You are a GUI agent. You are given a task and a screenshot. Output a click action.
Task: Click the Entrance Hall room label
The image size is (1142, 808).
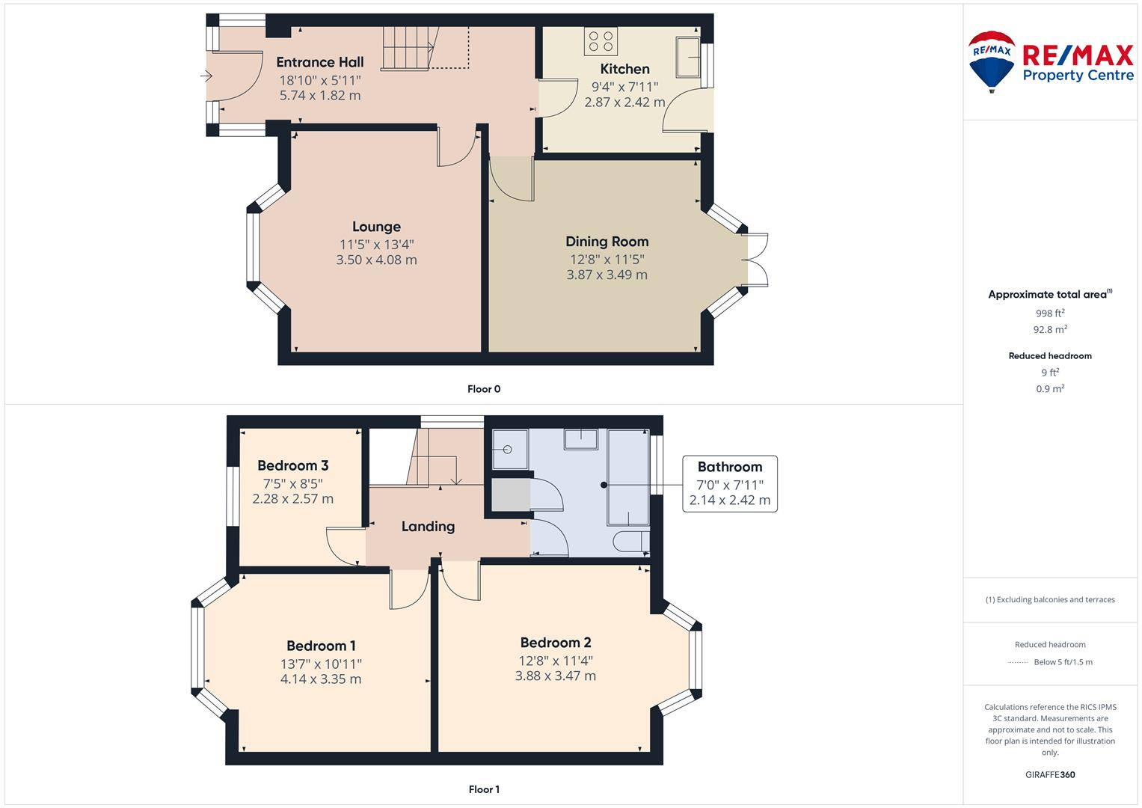tap(319, 62)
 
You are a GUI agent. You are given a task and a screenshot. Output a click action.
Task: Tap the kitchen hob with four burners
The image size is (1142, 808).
tap(601, 42)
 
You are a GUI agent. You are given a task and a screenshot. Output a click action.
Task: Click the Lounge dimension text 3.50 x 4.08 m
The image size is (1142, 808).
tap(376, 260)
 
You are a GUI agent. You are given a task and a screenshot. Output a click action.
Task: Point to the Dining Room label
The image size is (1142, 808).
tap(607, 242)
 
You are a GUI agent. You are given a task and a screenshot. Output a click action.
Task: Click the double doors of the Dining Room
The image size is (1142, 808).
tap(757, 260)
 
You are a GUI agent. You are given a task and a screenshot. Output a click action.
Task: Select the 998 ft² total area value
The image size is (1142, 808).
tap(1050, 313)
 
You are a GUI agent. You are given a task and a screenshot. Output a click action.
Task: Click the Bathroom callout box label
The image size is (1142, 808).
tap(729, 467)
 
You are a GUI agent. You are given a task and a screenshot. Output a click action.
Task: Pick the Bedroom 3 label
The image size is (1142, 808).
tap(292, 465)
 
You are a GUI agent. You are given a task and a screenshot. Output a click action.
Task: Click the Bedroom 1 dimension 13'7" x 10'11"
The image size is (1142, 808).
tap(321, 664)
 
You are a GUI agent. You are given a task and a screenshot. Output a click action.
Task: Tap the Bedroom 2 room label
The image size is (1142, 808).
tap(555, 643)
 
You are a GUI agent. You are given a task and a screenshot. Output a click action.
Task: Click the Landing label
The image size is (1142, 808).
tap(428, 527)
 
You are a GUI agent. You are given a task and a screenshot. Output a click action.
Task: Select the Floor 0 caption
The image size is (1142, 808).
tap(483, 389)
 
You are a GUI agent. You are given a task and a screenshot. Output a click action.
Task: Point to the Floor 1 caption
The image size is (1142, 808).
tap(483, 789)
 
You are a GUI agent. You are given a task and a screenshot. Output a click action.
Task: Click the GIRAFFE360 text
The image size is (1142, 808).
tap(1050, 775)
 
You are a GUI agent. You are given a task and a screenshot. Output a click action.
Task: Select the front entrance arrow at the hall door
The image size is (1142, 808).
tap(206, 76)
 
